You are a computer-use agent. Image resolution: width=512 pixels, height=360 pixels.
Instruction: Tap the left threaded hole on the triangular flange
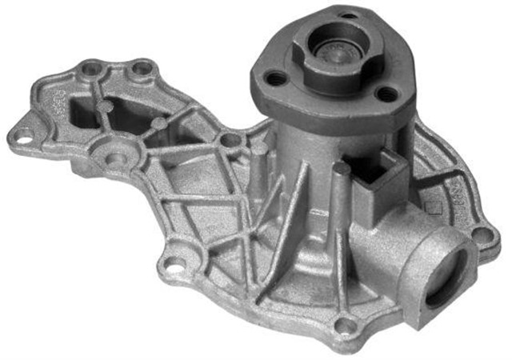click(x=276, y=78)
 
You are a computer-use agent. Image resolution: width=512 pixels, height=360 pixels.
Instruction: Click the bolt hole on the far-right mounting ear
click(x=481, y=234)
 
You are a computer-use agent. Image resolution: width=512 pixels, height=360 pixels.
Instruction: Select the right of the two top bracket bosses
click(x=142, y=69)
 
